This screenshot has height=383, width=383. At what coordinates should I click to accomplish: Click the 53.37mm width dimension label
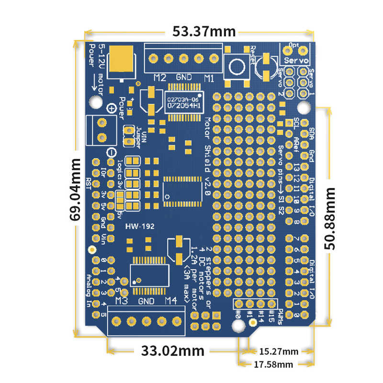coord(197,32)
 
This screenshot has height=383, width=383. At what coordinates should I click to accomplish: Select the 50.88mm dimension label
coord(330,218)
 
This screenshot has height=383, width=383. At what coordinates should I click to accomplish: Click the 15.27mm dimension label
coord(278,351)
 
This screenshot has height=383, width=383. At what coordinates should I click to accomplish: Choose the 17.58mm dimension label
coord(272,365)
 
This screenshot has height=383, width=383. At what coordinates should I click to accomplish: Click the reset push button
coord(237,67)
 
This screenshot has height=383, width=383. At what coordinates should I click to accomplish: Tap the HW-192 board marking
coord(139,227)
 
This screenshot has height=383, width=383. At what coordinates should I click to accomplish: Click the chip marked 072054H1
coord(183,105)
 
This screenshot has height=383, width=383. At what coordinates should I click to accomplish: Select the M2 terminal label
coord(160,78)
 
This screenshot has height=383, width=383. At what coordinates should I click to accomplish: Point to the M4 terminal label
coord(171,301)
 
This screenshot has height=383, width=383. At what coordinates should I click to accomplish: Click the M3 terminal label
coord(121,301)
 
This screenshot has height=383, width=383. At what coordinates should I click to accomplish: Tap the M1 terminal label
coord(209,78)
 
